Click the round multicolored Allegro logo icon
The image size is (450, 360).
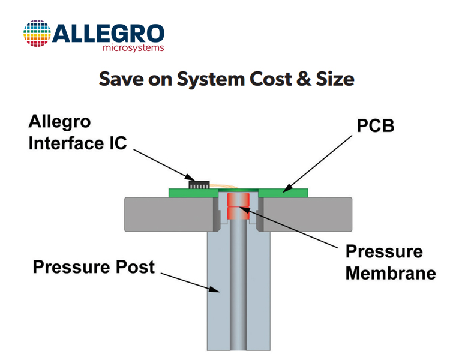point(37,34)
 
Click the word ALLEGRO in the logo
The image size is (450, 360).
point(108,34)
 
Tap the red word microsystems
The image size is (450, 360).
point(133,47)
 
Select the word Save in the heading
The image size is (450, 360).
point(121,79)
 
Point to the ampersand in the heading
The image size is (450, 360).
point(304,79)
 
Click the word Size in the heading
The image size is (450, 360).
point(335,79)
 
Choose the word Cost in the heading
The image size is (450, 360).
point(271,79)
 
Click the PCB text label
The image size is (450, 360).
point(376,126)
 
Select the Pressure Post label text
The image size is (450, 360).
point(94,267)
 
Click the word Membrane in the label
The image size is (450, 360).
point(391,273)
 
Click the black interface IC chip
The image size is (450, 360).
point(199,185)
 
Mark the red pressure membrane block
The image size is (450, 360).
point(238,206)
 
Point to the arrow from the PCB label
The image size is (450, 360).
point(317,164)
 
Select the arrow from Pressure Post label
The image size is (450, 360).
point(190,283)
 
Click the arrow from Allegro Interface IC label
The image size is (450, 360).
point(164,165)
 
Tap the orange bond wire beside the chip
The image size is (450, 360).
point(224,186)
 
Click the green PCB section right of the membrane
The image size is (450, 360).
point(283,193)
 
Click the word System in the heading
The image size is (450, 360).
point(211,79)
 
